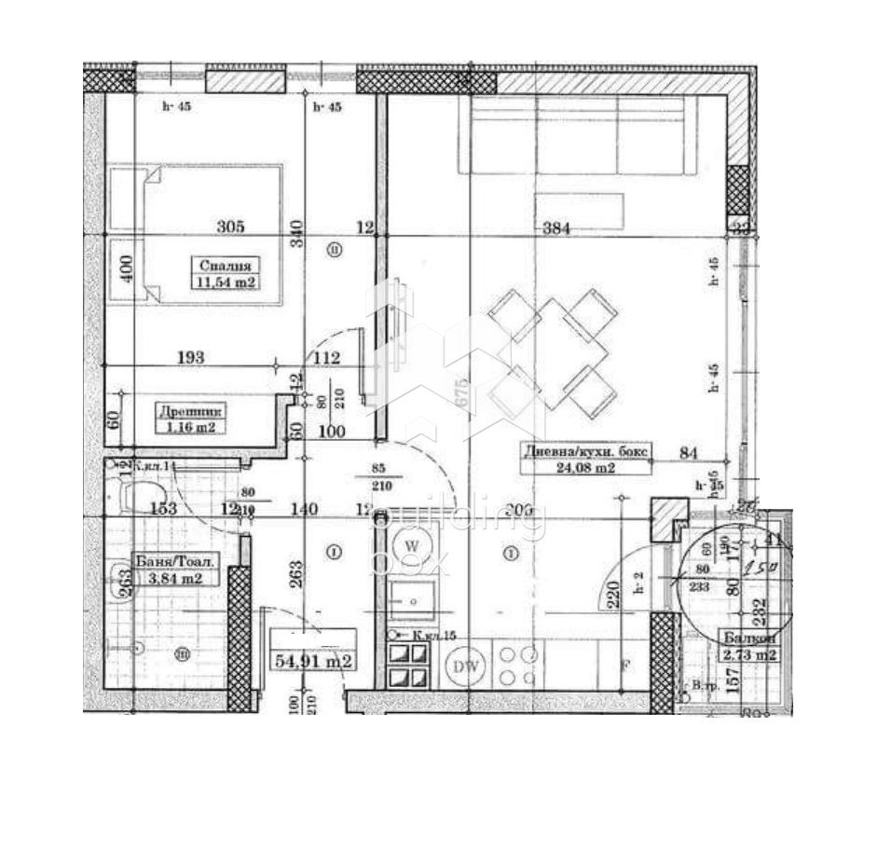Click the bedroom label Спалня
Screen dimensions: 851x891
[225, 264]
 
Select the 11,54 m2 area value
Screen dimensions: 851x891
[225, 281]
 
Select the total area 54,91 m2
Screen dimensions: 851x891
[312, 661]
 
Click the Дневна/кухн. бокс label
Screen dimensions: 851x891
[585, 450]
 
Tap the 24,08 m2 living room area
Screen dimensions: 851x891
[582, 468]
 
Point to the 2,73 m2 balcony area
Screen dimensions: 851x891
[749, 655]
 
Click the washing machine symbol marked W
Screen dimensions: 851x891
[411, 542]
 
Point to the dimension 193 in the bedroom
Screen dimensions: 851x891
[190, 357]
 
